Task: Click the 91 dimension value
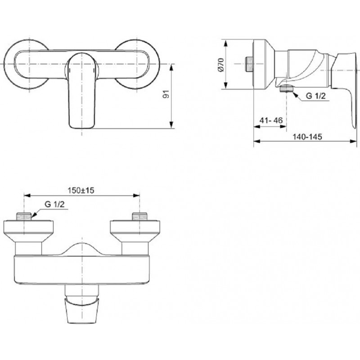point(166,94)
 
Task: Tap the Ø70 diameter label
point(220,65)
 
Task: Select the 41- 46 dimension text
point(271,120)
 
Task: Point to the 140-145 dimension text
point(307,137)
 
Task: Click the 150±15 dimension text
point(81,190)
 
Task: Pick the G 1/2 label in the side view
point(316,95)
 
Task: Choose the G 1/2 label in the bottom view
point(54,204)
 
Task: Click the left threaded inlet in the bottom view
point(24,216)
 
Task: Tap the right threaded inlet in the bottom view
point(139,216)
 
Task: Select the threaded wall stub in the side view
point(249,63)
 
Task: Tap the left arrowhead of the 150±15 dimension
point(27,195)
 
